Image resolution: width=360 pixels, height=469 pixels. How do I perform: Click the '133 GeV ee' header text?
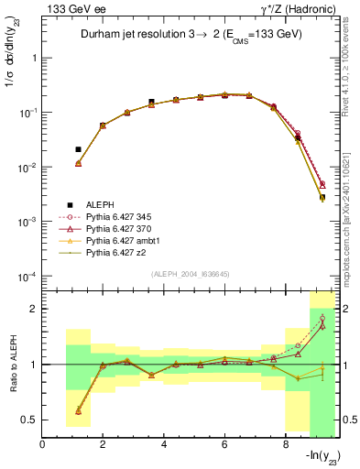69,8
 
